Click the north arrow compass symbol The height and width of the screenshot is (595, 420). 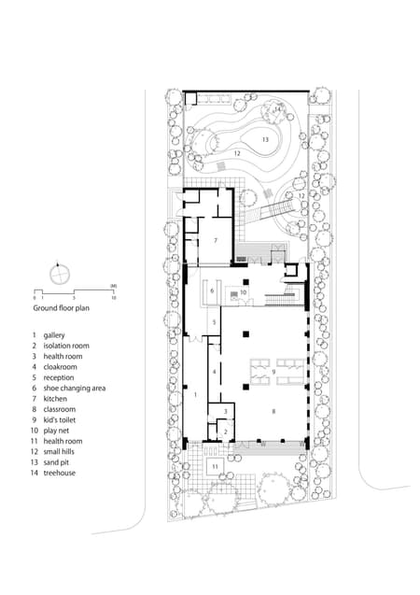tap(63, 275)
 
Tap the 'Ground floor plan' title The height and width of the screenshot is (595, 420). tap(62, 306)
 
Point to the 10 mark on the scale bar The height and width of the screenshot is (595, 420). tap(113, 298)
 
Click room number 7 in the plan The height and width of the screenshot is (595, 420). tap(216, 240)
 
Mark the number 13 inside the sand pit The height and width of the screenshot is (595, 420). tap(265, 139)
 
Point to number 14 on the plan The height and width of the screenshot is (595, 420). tap(277, 109)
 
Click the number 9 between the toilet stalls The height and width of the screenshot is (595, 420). tap(273, 372)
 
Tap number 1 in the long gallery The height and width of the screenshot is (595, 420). tap(194, 395)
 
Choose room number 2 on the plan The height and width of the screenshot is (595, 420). tap(225, 432)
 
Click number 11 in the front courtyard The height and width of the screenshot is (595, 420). tap(215, 465)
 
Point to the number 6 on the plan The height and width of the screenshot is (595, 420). tap(212, 290)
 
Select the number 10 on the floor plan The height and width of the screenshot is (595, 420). tap(243, 292)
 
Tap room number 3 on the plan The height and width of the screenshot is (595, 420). tap(225, 411)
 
